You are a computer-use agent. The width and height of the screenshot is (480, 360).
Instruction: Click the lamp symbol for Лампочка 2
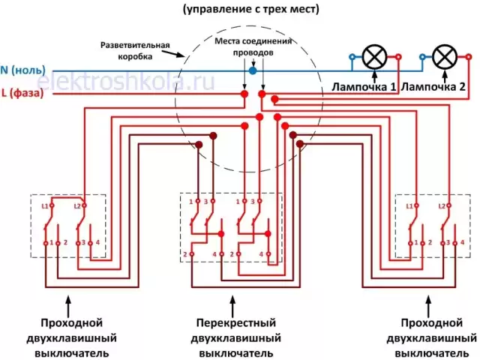445,58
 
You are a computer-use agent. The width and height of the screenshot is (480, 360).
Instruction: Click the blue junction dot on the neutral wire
253,70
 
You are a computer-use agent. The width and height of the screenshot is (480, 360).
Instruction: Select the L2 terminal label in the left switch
76,205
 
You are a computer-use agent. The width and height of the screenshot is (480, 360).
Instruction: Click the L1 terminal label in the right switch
409,205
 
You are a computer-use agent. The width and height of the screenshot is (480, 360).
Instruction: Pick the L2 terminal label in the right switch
442,205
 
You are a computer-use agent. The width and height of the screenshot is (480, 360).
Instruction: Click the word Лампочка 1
364,87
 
